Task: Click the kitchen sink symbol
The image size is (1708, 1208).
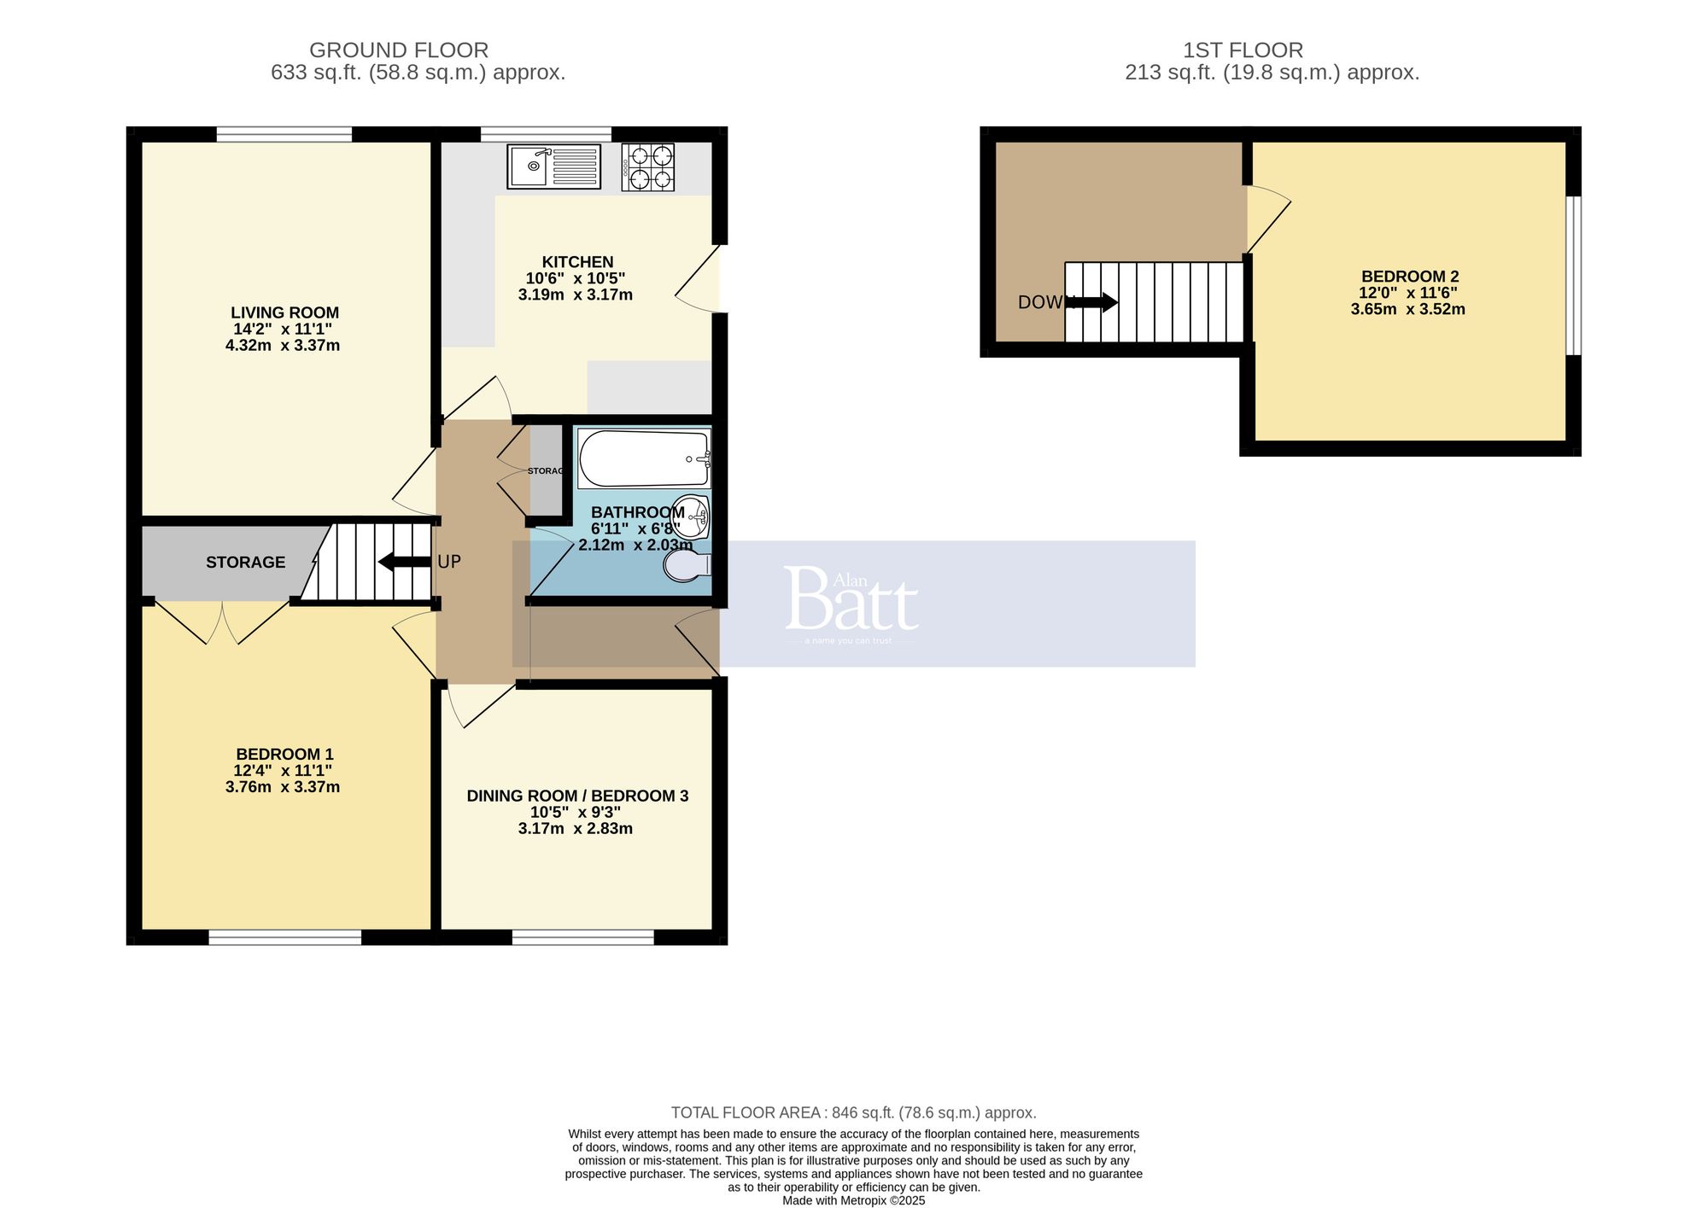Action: [553, 166]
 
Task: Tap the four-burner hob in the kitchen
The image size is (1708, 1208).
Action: [647, 166]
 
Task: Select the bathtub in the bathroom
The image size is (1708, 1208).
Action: [644, 458]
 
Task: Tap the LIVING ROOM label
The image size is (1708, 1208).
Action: [284, 312]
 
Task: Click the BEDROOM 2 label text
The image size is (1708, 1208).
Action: [1409, 277]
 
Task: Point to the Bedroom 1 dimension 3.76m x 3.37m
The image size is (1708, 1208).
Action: [283, 787]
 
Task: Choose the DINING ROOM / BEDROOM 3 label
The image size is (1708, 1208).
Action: [577, 796]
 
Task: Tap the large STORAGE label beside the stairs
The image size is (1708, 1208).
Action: [245, 562]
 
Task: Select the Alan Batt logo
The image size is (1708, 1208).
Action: [851, 603]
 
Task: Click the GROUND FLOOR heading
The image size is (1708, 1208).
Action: [399, 50]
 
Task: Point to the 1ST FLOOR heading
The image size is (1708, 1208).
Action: [1243, 50]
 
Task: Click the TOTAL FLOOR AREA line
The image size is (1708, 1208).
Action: [853, 1112]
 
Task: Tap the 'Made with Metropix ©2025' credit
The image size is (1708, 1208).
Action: [853, 1199]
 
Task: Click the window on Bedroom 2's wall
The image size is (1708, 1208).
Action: [1573, 275]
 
